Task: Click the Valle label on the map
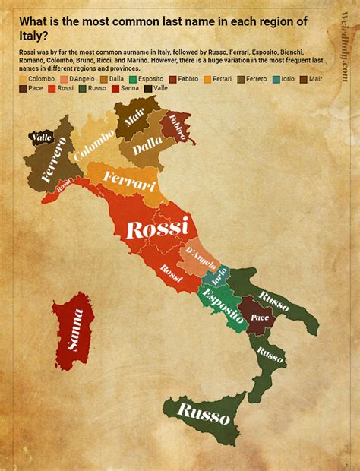tap(41, 138)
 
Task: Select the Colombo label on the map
tap(94, 144)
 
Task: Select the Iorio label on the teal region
tap(219, 277)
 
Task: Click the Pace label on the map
tap(260, 316)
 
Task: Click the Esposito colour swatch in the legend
tap(132, 78)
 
